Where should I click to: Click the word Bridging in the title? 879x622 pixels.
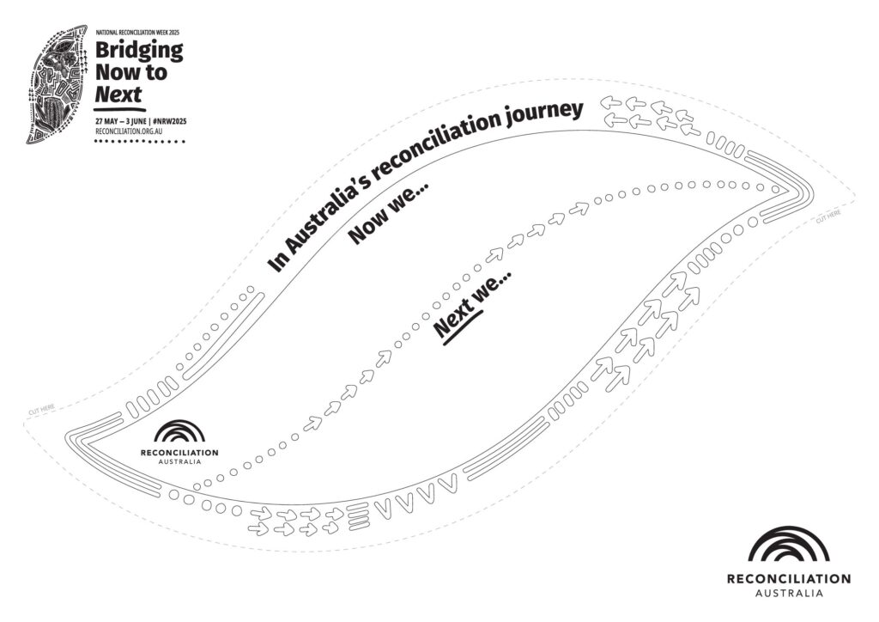[x=139, y=51]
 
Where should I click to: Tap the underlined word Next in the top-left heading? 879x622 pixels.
[x=118, y=94]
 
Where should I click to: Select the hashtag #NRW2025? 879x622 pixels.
[x=169, y=121]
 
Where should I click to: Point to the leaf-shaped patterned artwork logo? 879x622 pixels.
[x=57, y=83]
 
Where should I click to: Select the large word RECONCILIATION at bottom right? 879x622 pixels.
[x=788, y=579]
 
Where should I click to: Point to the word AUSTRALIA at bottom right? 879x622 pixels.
[x=789, y=594]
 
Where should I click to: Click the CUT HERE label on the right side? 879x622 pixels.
[x=828, y=216]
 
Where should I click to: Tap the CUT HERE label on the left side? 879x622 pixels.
[x=41, y=410]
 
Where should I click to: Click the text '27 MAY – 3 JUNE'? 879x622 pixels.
[x=121, y=121]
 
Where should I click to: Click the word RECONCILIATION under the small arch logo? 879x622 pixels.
[x=179, y=452]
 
